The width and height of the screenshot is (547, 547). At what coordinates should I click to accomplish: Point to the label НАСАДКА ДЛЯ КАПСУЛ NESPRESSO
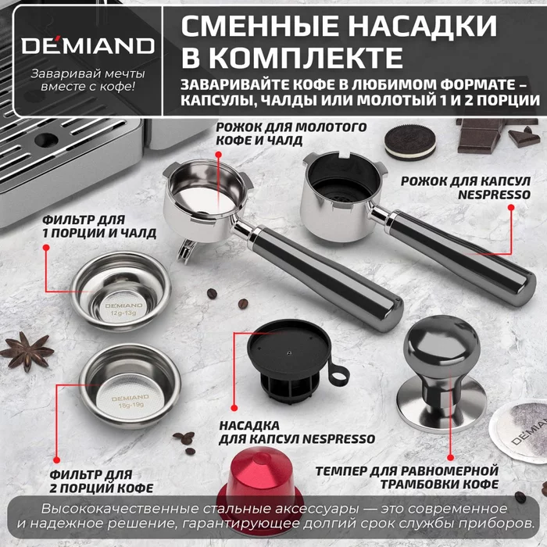coord(292,432)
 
